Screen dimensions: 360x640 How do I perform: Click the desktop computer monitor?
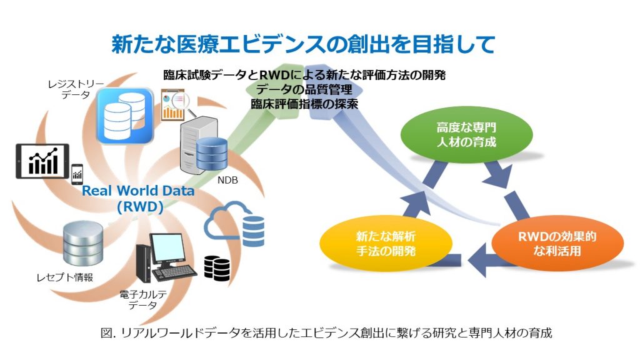pyautogui.click(x=165, y=249)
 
